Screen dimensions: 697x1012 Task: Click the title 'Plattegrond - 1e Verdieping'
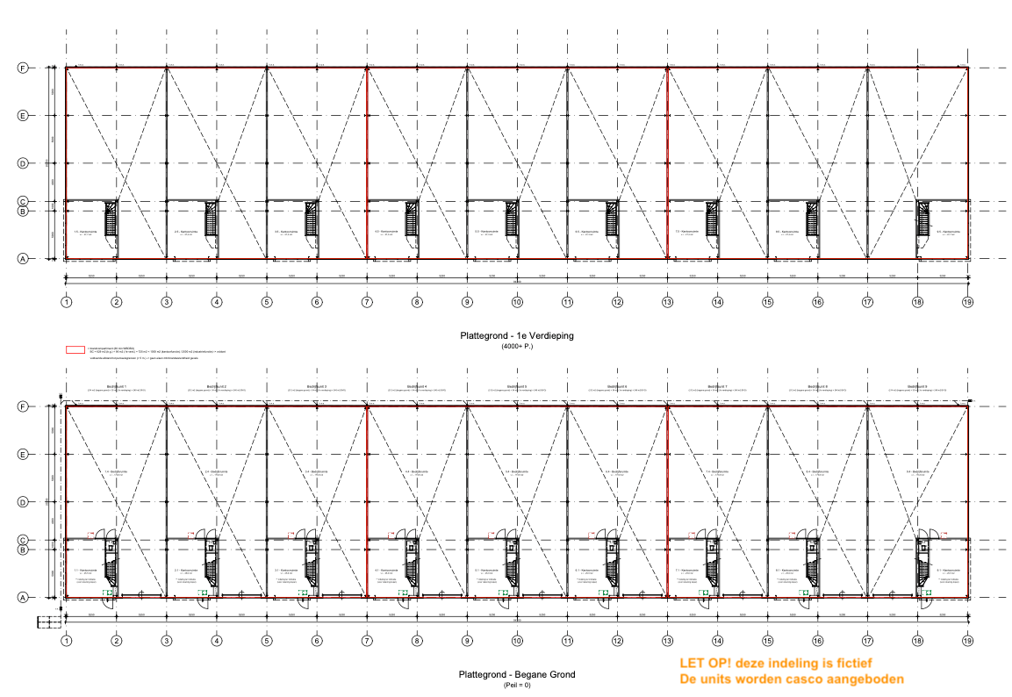tap(517, 336)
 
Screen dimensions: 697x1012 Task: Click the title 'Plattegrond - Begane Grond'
tap(517, 674)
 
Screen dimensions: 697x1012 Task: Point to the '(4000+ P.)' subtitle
tap(517, 347)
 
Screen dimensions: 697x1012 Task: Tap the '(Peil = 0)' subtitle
tap(517, 684)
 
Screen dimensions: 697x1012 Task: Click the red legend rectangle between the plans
tap(75, 349)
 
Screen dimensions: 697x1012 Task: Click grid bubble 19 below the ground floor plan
tap(968, 641)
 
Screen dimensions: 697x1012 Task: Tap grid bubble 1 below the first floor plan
tap(66, 302)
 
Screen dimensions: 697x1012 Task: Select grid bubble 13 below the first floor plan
tap(667, 302)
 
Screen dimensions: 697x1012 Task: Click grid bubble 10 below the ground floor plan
tap(517, 641)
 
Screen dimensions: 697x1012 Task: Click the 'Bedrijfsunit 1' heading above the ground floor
tap(117, 386)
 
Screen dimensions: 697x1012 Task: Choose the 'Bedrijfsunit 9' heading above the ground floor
tap(918, 386)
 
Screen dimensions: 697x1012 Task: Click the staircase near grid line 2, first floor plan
tap(111, 219)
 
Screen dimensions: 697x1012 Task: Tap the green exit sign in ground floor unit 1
tap(108, 593)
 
